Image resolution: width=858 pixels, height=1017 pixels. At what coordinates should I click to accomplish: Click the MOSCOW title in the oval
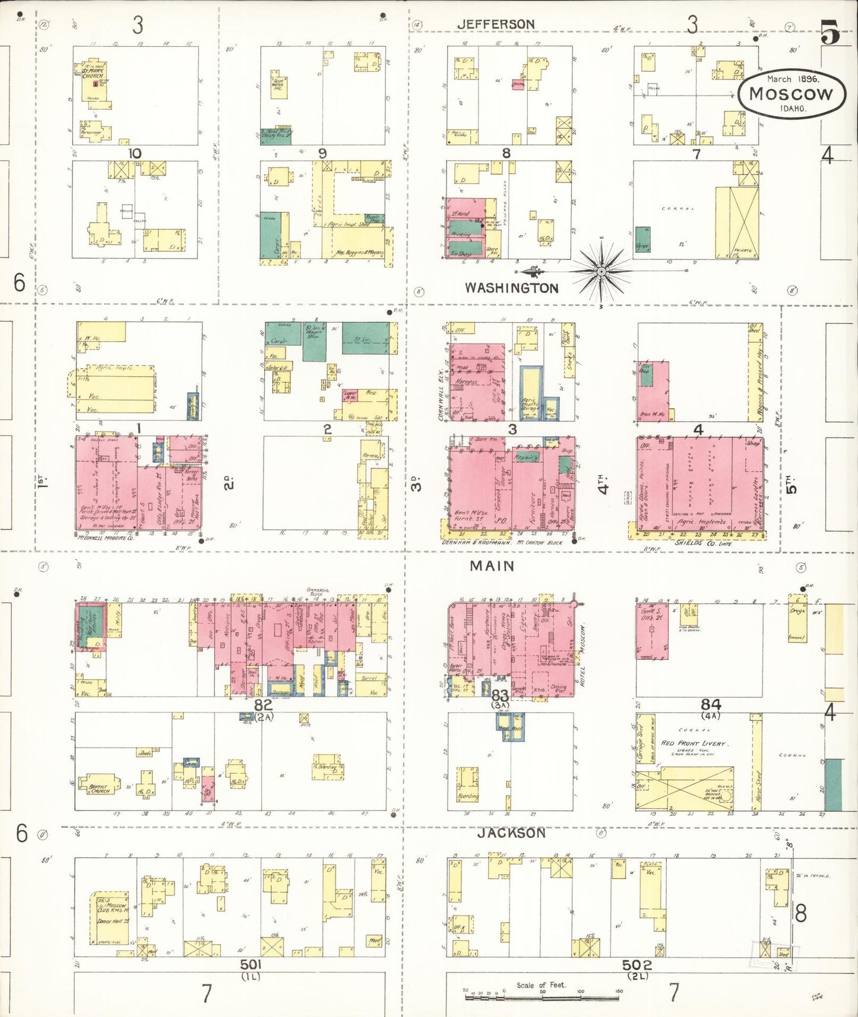(x=791, y=94)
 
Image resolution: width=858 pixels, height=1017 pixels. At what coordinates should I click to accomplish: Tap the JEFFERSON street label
(x=496, y=24)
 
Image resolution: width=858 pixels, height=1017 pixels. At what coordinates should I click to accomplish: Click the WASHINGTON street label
(x=511, y=288)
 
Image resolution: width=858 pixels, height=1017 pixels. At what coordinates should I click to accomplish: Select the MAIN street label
(x=492, y=566)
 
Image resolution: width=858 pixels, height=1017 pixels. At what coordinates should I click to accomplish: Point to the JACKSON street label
(x=511, y=833)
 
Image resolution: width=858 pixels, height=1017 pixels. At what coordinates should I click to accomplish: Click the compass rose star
(x=601, y=272)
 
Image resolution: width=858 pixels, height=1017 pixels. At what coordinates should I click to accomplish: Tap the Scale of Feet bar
(x=542, y=998)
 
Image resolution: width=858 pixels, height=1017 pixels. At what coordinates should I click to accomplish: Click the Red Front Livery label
(x=693, y=743)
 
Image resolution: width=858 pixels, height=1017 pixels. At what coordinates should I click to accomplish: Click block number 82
(x=263, y=705)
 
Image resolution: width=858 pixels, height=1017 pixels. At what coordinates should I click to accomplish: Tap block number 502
(x=637, y=965)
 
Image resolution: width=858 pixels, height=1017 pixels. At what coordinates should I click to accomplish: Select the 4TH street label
(x=604, y=484)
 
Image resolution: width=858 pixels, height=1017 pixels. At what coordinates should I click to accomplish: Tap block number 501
(x=251, y=965)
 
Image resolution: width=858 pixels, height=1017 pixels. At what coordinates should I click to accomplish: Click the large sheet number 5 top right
(x=830, y=33)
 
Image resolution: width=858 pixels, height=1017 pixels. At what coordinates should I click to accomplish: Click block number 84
(x=710, y=705)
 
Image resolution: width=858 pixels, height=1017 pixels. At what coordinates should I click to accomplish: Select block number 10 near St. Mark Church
(x=135, y=154)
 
